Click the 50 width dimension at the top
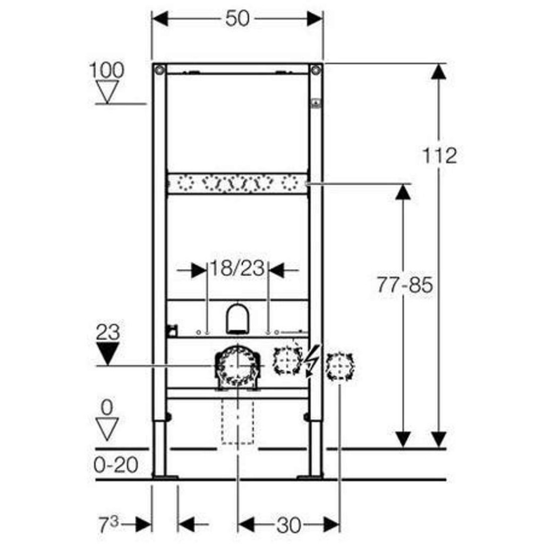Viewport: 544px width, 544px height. coord(237,18)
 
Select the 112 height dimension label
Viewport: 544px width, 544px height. coord(439,155)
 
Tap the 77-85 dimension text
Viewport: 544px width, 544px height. coord(405,285)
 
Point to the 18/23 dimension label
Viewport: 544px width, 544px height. coord(237,268)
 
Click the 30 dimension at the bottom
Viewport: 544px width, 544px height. coord(288,525)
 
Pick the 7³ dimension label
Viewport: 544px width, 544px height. coord(109,524)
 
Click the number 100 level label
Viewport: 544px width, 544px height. coord(106,70)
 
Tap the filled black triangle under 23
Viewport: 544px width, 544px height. coord(108,353)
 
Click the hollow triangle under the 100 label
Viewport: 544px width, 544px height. coord(107,92)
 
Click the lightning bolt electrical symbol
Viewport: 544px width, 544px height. coord(313,361)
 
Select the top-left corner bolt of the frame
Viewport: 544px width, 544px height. coord(159,70)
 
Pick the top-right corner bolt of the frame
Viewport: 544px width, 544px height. coord(316,70)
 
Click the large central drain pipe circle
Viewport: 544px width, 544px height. coord(237,367)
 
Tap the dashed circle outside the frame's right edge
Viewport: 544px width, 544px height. coord(340,367)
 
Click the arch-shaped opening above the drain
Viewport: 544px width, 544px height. coord(238,319)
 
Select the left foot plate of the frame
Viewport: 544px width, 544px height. coord(165,478)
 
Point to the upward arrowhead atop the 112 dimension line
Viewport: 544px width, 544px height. coord(438,72)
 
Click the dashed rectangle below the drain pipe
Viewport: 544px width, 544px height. coord(237,421)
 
